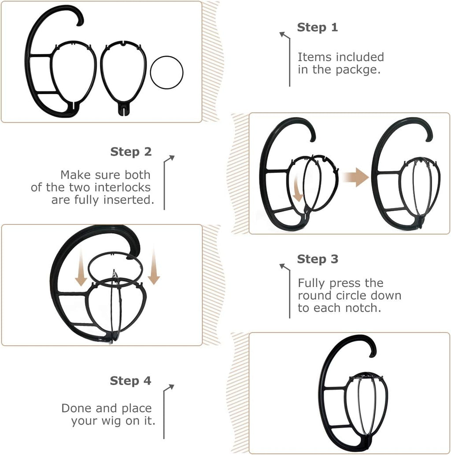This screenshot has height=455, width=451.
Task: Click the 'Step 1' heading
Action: tap(317, 27)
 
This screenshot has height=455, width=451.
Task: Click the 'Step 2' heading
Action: tap(131, 152)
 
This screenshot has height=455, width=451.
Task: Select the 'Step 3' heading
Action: tap(318, 259)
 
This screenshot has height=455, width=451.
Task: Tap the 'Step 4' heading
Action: tap(130, 381)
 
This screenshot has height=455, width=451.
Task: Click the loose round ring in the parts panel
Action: tap(166, 72)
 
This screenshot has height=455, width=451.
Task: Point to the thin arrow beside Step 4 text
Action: tap(167, 409)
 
